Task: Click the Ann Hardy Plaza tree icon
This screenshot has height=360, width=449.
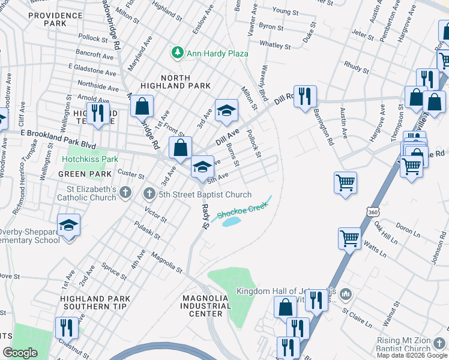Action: [177, 53]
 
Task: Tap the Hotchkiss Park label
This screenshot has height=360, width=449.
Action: [89, 159]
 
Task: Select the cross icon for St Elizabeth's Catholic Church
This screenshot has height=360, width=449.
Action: [125, 193]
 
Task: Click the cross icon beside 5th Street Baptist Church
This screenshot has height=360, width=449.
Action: [149, 194]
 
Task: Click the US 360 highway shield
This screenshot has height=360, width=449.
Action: [373, 213]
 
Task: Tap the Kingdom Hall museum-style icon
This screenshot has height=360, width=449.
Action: [345, 294]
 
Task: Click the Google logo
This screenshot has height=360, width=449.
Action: [20, 353]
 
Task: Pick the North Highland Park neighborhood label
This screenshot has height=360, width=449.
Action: [175, 82]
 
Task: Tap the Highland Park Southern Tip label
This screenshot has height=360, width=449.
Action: [94, 302]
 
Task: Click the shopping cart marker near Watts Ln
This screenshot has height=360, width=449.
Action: [349, 238]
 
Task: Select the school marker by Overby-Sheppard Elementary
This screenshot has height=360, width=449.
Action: [69, 225]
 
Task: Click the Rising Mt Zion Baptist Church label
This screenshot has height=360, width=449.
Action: [403, 344]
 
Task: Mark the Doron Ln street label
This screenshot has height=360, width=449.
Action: [408, 230]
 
